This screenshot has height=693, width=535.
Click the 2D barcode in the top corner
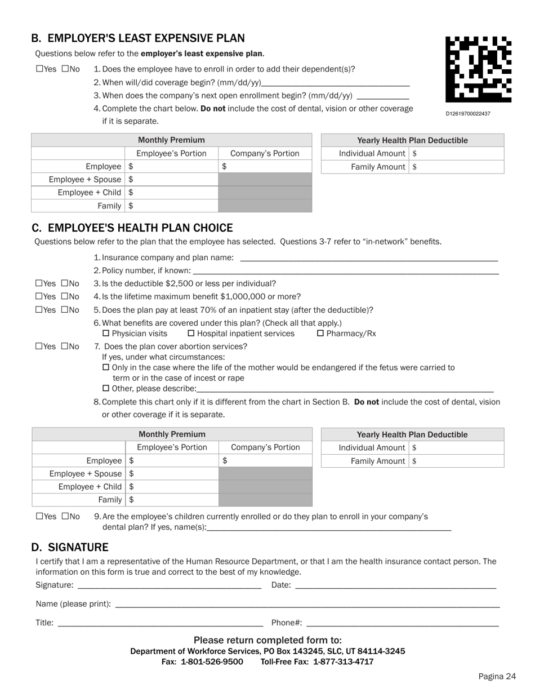(478, 69)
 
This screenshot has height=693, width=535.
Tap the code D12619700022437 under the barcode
(468, 114)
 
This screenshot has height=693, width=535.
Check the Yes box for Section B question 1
(39, 69)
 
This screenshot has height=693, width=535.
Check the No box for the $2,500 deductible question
(65, 283)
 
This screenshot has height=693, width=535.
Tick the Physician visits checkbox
(106, 334)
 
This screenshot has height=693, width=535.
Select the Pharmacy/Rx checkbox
(320, 334)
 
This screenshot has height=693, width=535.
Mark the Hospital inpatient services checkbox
(191, 334)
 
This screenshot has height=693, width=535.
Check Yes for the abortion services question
(39, 346)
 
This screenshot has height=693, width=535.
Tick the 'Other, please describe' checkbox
(106, 388)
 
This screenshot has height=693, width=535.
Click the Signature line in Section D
(169, 585)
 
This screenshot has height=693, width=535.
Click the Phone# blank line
(402, 623)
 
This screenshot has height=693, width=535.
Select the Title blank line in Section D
(160, 623)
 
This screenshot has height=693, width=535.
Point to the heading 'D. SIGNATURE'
(70, 548)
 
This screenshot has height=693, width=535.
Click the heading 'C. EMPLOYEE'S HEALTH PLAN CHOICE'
(132, 228)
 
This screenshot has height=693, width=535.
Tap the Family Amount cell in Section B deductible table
(456, 167)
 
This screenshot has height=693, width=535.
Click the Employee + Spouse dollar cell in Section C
(172, 474)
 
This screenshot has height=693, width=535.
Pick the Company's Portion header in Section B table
(265, 153)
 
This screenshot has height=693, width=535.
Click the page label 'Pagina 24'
(497, 677)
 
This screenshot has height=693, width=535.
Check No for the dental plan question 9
(65, 516)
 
